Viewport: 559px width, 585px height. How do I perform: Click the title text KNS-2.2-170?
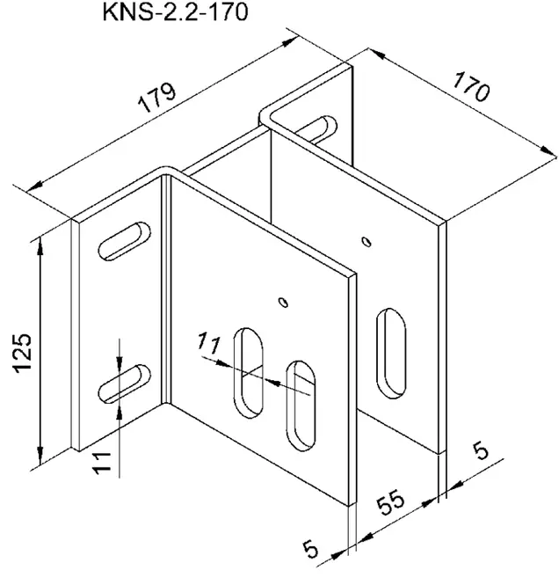[x=175, y=12]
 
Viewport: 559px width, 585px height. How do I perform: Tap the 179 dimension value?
[x=157, y=99]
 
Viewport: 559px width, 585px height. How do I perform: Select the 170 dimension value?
[x=471, y=88]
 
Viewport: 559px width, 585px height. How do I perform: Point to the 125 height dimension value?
[x=22, y=353]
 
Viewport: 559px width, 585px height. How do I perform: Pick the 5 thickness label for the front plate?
[x=310, y=549]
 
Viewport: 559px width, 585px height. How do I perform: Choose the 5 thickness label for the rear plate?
[x=481, y=450]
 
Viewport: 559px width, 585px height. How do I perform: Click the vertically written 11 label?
[x=102, y=463]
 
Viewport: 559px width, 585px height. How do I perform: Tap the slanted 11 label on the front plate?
[x=209, y=343]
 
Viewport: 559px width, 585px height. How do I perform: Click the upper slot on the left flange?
[x=125, y=241]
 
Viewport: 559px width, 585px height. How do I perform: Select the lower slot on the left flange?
[x=125, y=384]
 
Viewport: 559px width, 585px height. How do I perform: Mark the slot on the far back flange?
[x=317, y=129]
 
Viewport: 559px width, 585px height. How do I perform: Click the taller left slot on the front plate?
[x=248, y=373]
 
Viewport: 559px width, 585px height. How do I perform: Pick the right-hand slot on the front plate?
[x=301, y=406]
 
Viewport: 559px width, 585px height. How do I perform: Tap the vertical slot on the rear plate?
[x=390, y=353]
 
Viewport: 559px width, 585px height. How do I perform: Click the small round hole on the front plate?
[x=284, y=302]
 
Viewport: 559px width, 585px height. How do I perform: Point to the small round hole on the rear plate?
[x=367, y=242]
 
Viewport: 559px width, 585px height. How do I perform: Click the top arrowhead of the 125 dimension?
[x=40, y=245]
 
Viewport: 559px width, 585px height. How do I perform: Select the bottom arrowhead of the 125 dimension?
[x=40, y=457]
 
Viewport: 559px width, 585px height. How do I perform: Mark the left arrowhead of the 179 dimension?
[x=34, y=186]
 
